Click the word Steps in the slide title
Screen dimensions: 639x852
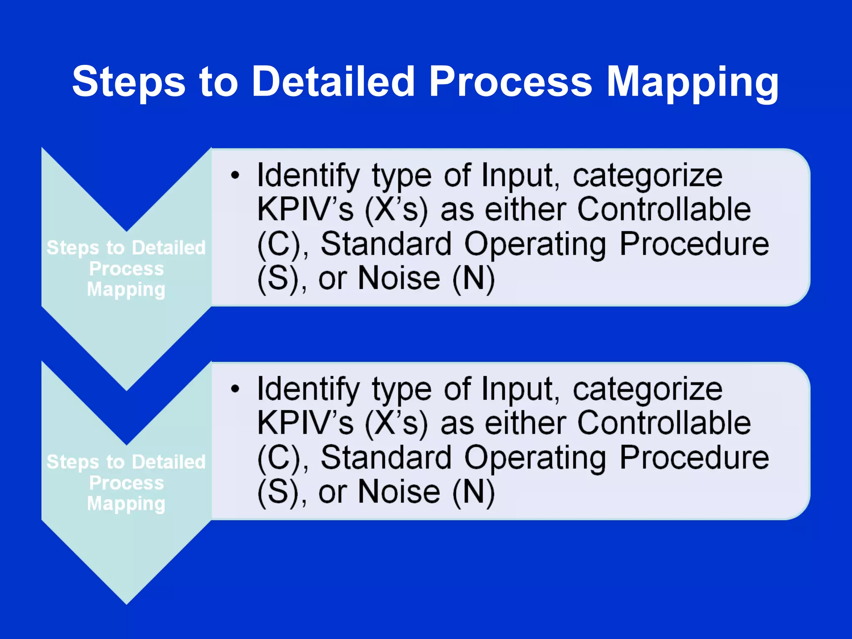point(129,82)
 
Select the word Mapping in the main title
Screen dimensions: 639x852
point(692,82)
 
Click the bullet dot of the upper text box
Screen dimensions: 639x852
point(235,175)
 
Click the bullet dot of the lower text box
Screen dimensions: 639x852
point(235,389)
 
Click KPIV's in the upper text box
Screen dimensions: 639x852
point(305,209)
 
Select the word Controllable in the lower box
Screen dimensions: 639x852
point(664,423)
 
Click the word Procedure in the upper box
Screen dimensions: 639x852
point(694,244)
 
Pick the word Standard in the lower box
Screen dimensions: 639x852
point(386,458)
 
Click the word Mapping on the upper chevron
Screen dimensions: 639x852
point(126,290)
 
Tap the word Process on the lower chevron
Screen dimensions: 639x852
point(126,483)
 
